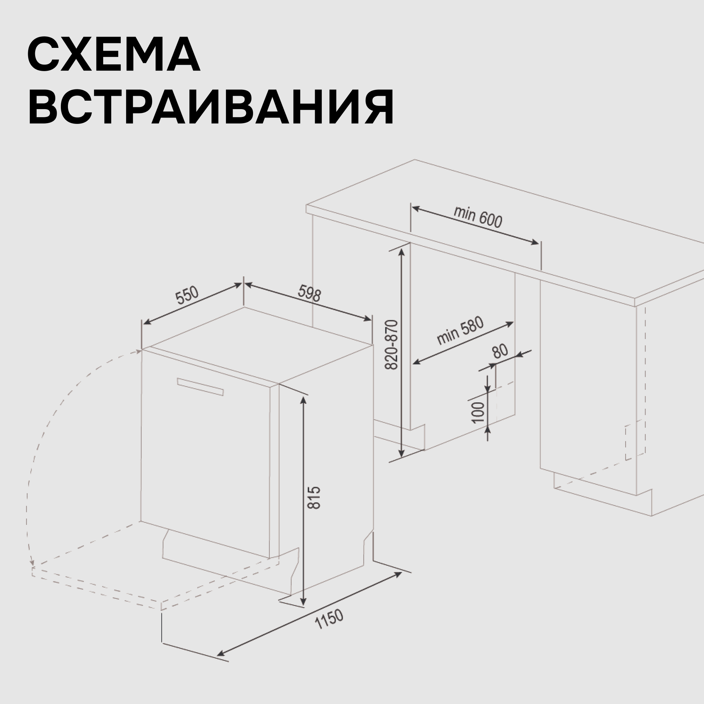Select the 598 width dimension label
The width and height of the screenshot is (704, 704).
tap(310, 293)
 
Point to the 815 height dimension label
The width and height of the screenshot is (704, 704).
tap(314, 497)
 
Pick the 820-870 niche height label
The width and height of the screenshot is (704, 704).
tap(392, 345)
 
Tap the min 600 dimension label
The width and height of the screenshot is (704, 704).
tap(478, 216)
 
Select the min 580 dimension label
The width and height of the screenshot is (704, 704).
tap(460, 331)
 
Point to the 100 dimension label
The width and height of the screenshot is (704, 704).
tap(478, 413)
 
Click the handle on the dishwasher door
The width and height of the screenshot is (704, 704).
tap(200, 386)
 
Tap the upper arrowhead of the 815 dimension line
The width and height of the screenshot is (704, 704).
tap(303, 400)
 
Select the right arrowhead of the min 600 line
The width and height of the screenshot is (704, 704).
tap(535, 242)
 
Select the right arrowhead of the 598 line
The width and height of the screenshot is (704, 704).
tap(368, 319)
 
